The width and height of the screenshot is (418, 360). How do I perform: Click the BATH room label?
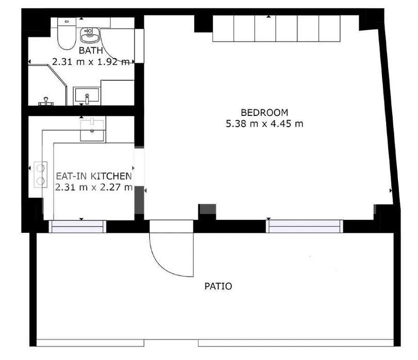point(91,50)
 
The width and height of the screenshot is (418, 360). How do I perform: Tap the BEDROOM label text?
point(264,112)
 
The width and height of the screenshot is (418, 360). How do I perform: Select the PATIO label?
point(218,286)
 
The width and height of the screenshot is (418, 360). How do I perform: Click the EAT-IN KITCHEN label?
point(94,176)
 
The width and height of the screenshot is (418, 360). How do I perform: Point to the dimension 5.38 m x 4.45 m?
point(264,124)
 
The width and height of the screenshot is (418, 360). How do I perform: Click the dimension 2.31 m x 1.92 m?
point(91,62)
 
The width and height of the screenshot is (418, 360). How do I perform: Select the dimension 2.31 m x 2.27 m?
point(94,187)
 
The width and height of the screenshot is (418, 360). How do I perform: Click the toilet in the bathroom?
point(66,33)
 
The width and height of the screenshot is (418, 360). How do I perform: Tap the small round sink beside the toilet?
point(90,35)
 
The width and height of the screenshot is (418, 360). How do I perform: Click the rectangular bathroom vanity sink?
point(87,96)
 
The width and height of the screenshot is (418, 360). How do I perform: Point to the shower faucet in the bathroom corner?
point(46,101)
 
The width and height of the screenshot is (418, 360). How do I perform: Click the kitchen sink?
point(92,130)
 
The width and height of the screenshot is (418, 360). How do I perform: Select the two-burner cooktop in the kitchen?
point(41,175)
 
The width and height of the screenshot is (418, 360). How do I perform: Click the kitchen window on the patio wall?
point(78,227)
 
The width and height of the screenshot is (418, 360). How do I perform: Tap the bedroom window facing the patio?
point(305,226)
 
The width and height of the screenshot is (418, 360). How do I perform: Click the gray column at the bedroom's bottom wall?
point(208,209)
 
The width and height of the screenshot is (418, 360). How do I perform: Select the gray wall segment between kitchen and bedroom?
point(139,200)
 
